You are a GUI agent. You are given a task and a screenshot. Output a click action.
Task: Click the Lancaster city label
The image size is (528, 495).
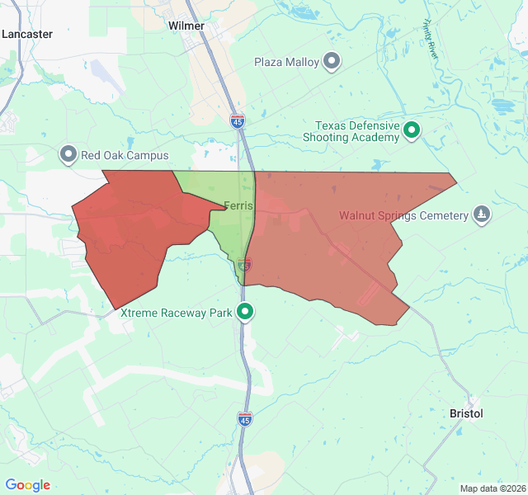click(27, 34)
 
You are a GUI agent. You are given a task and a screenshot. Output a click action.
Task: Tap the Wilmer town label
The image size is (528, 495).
click(186, 26)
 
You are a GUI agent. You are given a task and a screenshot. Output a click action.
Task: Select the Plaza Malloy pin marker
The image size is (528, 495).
click(332, 61)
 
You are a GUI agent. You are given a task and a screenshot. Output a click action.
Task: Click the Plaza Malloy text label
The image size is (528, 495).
click(286, 62)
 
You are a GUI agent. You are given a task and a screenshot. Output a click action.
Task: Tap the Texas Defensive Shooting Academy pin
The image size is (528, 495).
click(411, 130)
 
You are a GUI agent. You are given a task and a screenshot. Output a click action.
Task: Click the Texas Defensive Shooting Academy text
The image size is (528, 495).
click(356, 131)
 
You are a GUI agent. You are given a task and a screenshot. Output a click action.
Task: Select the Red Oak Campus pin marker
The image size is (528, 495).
click(68, 154)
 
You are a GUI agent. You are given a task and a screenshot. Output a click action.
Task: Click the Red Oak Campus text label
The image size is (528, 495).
click(125, 155)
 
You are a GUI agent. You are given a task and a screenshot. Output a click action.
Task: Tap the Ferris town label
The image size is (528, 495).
click(238, 205)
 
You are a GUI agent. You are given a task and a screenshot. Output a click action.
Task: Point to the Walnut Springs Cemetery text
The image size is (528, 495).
click(403, 216)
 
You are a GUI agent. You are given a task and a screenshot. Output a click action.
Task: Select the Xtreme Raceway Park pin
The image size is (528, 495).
click(245, 312)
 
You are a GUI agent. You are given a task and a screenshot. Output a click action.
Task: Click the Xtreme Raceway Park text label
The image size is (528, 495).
click(177, 313)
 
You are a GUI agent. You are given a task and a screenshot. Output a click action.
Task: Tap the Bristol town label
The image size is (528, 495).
click(466, 412)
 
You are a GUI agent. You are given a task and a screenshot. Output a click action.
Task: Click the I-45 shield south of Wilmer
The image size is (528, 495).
click(238, 121)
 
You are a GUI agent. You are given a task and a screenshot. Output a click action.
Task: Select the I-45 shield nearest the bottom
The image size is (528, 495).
click(244, 419)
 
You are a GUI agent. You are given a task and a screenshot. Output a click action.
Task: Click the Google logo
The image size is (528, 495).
click(28, 485)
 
